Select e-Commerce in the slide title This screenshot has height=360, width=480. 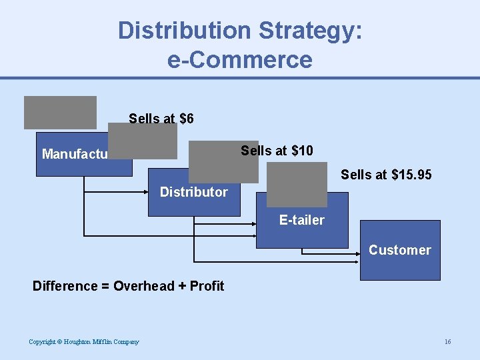click(240, 60)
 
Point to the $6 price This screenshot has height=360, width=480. click(187, 119)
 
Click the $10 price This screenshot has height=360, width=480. click(299, 151)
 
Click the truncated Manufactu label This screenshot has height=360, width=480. click(74, 155)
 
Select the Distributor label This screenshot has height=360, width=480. click(193, 192)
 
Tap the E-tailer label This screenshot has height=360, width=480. click(301, 220)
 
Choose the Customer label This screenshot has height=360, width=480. click(399, 250)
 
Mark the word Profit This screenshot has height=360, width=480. click(206, 286)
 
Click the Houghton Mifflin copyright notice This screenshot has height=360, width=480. click(84, 342)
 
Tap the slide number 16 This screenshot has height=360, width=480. click(447, 342)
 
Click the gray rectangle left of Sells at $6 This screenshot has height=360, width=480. click(60, 112)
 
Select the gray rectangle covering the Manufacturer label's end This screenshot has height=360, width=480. click(143, 141)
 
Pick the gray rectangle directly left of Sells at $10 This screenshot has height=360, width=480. click(223, 161)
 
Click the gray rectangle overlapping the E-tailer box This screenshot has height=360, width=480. click(297, 185)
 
